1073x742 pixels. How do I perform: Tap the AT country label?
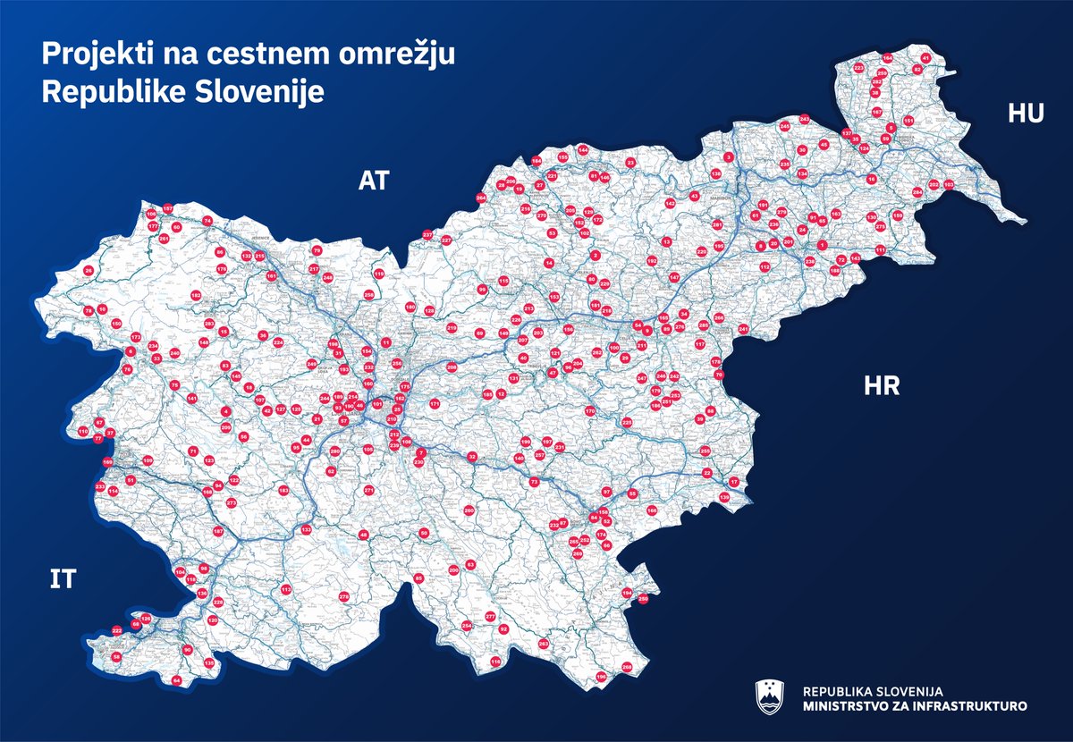375,181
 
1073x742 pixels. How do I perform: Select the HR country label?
881,386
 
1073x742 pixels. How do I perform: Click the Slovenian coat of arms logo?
769,697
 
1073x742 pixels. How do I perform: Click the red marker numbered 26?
88,270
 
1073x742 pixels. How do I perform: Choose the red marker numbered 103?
949,185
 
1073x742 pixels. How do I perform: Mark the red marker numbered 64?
176,681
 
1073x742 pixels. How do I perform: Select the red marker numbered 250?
643,599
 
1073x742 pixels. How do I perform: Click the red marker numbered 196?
333,344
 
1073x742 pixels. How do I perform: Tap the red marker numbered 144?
582,150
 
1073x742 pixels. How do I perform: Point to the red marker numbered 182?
195,295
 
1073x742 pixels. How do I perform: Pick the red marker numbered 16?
872,179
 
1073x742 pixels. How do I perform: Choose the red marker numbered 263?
543,644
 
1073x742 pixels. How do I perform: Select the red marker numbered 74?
207,220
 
